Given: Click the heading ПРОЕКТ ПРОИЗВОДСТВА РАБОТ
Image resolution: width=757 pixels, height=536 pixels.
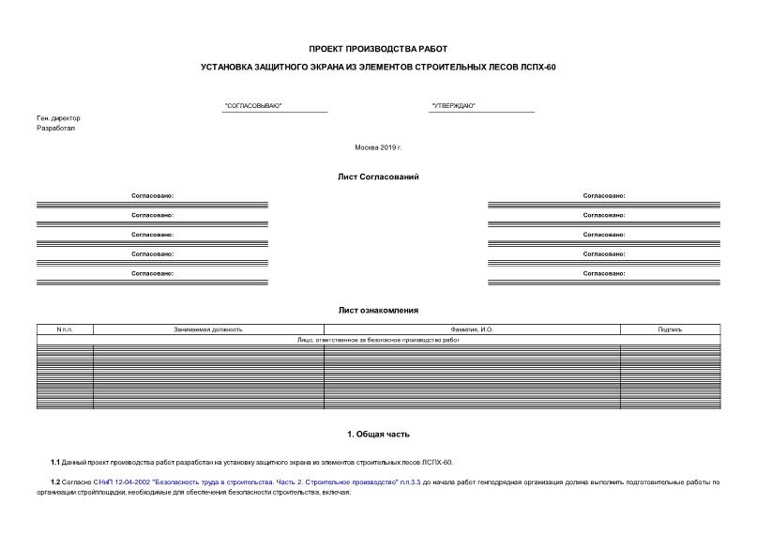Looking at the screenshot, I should click(x=378, y=48).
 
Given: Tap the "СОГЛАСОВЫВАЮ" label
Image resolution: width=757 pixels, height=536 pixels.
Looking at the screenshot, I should click(x=253, y=106).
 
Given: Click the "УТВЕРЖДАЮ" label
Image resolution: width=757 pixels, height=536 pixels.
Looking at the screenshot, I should click(x=453, y=106).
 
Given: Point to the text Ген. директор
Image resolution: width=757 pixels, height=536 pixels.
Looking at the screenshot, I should click(x=58, y=118).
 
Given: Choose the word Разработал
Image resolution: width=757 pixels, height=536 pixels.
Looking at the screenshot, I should click(x=55, y=129).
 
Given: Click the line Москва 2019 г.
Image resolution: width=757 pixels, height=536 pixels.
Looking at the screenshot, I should click(x=378, y=147).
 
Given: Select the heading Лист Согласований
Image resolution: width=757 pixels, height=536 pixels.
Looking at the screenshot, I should click(x=378, y=176).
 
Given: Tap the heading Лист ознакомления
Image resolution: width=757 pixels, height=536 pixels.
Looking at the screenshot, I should click(x=378, y=310).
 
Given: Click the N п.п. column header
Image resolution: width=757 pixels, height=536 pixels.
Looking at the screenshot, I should click(x=65, y=329).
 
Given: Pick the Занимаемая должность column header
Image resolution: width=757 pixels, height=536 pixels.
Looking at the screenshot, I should click(x=208, y=329).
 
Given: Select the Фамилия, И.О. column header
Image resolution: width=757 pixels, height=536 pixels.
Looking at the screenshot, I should click(x=472, y=329).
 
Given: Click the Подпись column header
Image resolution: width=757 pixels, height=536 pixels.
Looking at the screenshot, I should click(x=670, y=329).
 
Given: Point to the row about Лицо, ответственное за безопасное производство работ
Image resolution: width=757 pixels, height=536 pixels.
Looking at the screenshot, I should click(x=378, y=340).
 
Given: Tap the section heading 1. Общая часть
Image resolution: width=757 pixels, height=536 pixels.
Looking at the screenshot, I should click(x=378, y=435).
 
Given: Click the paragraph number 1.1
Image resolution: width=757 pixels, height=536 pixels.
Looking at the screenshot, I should click(x=55, y=462).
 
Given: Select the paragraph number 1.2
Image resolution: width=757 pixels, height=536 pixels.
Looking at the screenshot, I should click(x=55, y=482).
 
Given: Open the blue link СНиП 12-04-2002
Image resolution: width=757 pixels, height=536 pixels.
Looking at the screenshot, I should click(x=121, y=482).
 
